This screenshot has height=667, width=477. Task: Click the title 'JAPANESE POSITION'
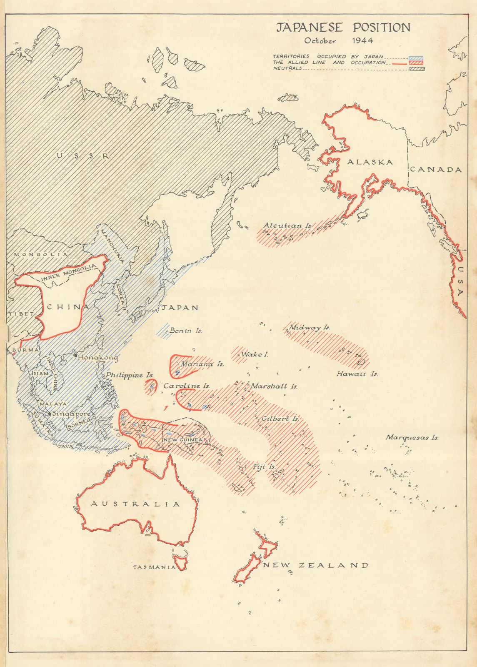[x=344, y=28]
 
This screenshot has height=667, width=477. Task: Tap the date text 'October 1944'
[x=338, y=41]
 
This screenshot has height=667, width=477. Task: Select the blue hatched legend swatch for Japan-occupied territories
[x=416, y=58]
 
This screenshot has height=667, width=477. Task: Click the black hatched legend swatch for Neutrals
[x=416, y=68]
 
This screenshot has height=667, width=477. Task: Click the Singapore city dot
[x=50, y=414]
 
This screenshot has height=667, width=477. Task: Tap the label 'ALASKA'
[x=370, y=162]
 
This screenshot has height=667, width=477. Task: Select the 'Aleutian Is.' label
[x=287, y=226]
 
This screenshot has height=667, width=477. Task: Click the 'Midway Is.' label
[x=309, y=328]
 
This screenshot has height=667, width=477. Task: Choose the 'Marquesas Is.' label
[x=412, y=437]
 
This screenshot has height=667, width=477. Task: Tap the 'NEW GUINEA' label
[x=182, y=440]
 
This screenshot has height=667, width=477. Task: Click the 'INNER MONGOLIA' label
[x=69, y=273]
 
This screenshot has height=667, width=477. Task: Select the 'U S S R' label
[x=83, y=156]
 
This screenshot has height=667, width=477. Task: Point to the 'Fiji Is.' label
[x=264, y=467]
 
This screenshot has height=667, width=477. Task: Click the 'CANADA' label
[x=436, y=170]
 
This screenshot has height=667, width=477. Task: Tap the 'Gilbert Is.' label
[x=280, y=419]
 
